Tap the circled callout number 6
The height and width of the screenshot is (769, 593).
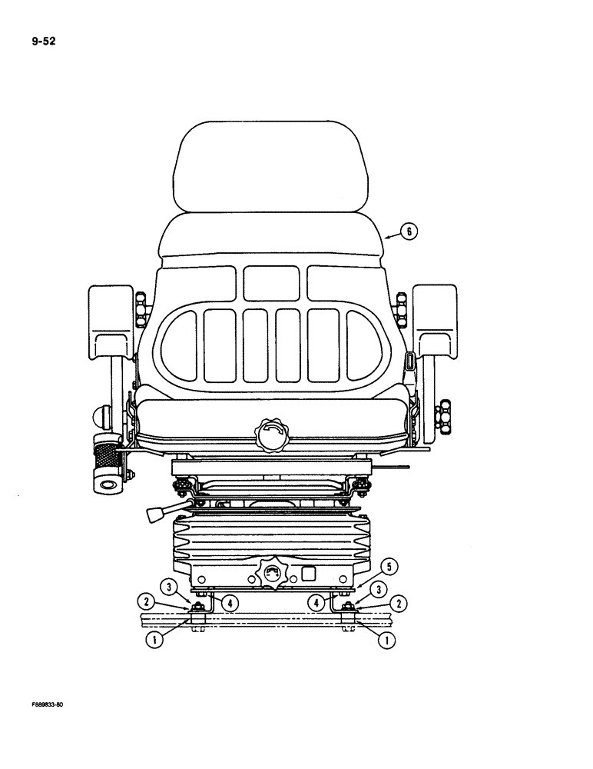tap(410, 231)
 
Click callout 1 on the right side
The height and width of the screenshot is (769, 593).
tap(389, 638)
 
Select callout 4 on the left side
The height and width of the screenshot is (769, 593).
tap(228, 604)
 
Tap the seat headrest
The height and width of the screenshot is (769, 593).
tap(271, 165)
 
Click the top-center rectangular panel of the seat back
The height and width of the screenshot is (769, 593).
tap(271, 283)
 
